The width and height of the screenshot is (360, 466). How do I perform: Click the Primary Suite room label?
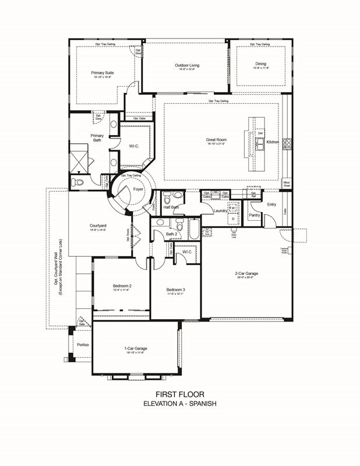pyautogui.click(x=102, y=73)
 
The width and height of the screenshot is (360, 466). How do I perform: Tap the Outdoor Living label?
pyautogui.click(x=187, y=65)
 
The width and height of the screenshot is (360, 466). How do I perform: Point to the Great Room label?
pyautogui.click(x=216, y=140)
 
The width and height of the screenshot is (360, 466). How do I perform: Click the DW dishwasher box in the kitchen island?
pyautogui.click(x=260, y=133)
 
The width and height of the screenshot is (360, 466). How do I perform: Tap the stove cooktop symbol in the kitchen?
pyautogui.click(x=287, y=143)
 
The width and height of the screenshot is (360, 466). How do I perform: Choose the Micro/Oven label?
pyautogui.click(x=287, y=185)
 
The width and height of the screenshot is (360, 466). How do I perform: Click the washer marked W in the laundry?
pyautogui.click(x=232, y=208)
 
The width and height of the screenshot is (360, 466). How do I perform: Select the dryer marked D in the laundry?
pyautogui.click(x=232, y=219)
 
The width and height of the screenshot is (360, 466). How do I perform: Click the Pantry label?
pyautogui.click(x=254, y=215)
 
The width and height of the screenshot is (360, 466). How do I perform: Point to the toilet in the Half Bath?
pyautogui.click(x=167, y=196)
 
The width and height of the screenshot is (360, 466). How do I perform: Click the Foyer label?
pyautogui.click(x=138, y=189)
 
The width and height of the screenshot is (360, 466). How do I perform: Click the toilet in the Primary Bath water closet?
pyautogui.click(x=78, y=182)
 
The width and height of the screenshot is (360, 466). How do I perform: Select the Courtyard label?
pyautogui.click(x=97, y=225)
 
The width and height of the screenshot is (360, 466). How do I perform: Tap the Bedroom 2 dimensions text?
pyautogui.click(x=122, y=291)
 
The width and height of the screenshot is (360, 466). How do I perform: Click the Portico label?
pyautogui.click(x=83, y=344)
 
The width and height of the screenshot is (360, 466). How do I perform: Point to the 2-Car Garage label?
pyautogui.click(x=246, y=273)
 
